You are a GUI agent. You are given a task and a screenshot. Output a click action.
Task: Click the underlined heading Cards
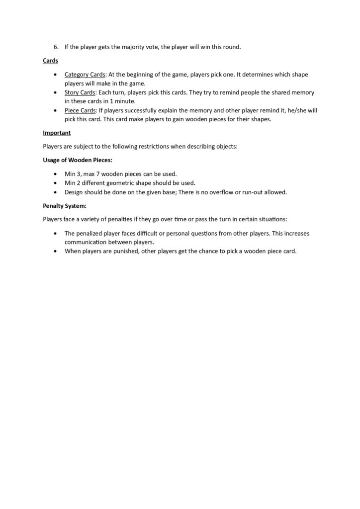50,61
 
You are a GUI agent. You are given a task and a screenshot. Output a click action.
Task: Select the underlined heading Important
57,133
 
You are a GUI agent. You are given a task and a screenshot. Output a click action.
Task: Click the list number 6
56,47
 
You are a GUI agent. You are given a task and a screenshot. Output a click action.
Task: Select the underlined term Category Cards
85,75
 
